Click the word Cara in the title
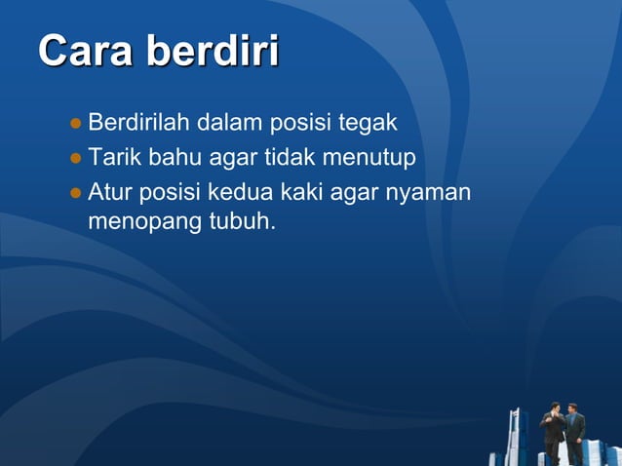point(86,52)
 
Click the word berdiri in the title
point(213,52)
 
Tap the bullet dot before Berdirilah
point(76,125)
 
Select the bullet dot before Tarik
point(76,157)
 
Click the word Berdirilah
point(139,124)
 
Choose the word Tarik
point(114,156)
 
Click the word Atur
point(110,189)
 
